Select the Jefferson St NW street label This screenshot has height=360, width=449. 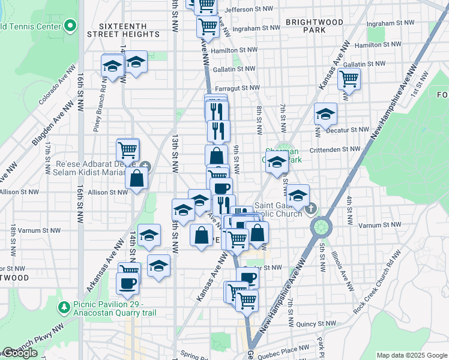252,10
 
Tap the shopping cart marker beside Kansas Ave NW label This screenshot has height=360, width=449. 349,78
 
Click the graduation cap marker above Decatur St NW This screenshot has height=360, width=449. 325,114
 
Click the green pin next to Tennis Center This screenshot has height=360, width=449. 70,26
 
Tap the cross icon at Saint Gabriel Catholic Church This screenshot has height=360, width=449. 310,209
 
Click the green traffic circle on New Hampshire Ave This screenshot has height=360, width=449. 322,227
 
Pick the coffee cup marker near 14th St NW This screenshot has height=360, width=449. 128,283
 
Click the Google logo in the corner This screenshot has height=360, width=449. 20,353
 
